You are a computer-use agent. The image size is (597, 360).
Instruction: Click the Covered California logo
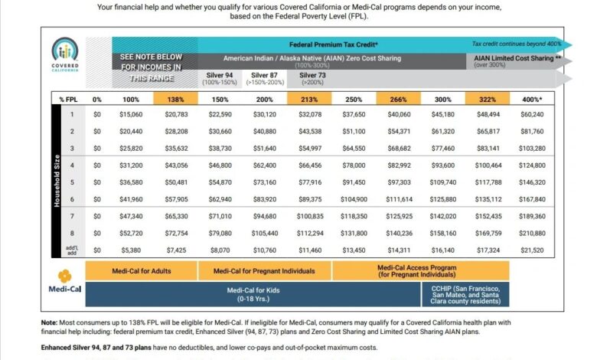point(65,54)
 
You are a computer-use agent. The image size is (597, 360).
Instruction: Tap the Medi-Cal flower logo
point(65,276)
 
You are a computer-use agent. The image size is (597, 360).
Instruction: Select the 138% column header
point(175,99)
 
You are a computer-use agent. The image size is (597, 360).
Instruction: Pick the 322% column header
point(488,99)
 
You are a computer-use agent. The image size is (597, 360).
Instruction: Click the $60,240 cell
point(532,114)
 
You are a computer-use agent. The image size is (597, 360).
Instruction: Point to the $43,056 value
point(176,165)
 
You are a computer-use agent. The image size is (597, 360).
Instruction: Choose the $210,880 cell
point(532,233)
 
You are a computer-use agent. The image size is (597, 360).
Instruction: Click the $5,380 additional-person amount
point(131,250)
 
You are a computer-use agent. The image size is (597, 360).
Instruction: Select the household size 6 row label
point(72,199)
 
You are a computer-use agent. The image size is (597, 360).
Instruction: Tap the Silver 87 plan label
point(265,78)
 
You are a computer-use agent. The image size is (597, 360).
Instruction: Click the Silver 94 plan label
point(220,78)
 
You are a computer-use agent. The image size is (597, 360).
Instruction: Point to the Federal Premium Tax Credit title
point(334,44)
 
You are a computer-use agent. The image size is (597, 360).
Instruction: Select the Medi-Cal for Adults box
point(142,271)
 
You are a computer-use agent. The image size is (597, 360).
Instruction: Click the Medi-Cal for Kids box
point(253,294)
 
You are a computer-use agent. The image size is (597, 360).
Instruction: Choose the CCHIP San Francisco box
point(465,294)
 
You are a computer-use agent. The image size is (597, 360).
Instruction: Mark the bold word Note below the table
point(49,322)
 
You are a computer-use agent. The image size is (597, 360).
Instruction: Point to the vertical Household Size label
point(57,181)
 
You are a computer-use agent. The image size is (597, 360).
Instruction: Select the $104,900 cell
point(354,199)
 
